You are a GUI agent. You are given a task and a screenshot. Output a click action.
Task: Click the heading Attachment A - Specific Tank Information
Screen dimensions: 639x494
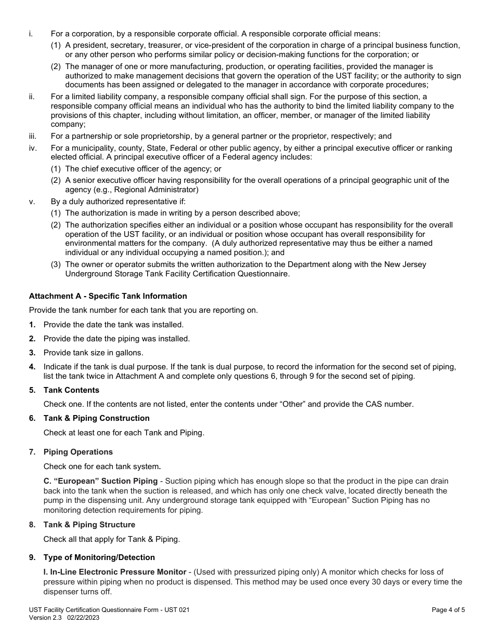[108, 296]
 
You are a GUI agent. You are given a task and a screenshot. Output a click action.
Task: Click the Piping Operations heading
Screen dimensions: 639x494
[78, 452]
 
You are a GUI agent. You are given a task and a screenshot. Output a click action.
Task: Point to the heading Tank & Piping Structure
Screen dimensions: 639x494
[89, 525]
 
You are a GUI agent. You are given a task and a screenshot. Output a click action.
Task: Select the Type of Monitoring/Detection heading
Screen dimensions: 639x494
[99, 557]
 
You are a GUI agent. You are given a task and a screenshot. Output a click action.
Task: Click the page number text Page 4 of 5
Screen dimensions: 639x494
[448, 610]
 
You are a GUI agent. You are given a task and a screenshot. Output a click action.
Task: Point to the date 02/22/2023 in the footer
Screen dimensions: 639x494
[83, 618]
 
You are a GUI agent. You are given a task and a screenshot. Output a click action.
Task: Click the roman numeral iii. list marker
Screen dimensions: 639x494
[33, 137]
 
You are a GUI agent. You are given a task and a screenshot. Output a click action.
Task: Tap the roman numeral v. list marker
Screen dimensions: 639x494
[32, 202]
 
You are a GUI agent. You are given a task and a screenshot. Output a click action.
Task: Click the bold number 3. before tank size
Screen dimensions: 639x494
[32, 353]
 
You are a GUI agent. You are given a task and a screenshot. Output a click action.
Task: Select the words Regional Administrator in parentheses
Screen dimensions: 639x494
[155, 190]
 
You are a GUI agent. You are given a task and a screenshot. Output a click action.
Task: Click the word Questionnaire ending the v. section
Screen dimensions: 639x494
[263, 274]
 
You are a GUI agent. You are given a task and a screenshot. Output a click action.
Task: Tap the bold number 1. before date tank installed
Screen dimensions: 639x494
[32, 325]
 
